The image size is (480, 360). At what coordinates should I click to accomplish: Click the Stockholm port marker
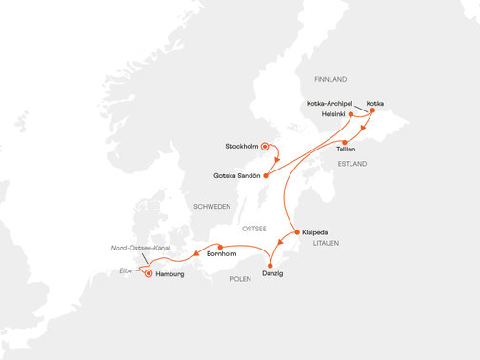click(265, 147)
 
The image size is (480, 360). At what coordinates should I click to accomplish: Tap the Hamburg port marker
click(148, 274)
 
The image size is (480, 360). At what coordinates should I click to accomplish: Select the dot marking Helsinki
click(351, 115)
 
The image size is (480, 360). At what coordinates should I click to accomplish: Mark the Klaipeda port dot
click(297, 231)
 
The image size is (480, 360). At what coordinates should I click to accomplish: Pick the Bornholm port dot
click(220, 247)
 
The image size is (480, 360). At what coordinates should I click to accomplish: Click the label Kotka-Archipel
click(330, 102)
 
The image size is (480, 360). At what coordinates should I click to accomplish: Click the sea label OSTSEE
click(253, 229)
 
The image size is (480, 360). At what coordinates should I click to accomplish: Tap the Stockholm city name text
click(242, 147)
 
